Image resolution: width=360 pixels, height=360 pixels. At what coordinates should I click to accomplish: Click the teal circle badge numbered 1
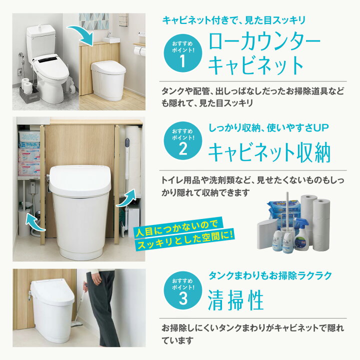(x=183, y=53)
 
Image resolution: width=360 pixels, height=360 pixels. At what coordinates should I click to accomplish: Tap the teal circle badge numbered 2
(x=183, y=140)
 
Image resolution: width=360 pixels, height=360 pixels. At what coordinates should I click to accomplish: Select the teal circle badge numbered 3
(x=183, y=290)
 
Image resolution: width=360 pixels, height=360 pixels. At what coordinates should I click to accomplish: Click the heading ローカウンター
(x=264, y=42)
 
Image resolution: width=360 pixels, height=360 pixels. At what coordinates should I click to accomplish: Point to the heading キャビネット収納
(x=269, y=152)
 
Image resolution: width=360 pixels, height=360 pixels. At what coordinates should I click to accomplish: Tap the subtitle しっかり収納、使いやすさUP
(x=268, y=128)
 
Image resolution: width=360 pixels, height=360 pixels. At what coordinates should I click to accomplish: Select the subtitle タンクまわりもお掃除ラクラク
(x=270, y=275)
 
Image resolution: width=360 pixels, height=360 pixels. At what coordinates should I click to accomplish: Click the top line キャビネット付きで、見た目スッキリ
(x=234, y=20)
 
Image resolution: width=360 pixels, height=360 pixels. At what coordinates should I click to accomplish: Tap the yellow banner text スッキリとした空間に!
(x=185, y=240)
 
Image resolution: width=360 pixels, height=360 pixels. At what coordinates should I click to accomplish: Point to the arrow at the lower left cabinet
(x=35, y=222)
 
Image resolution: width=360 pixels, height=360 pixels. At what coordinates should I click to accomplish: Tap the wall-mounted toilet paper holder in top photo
(x=139, y=50)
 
